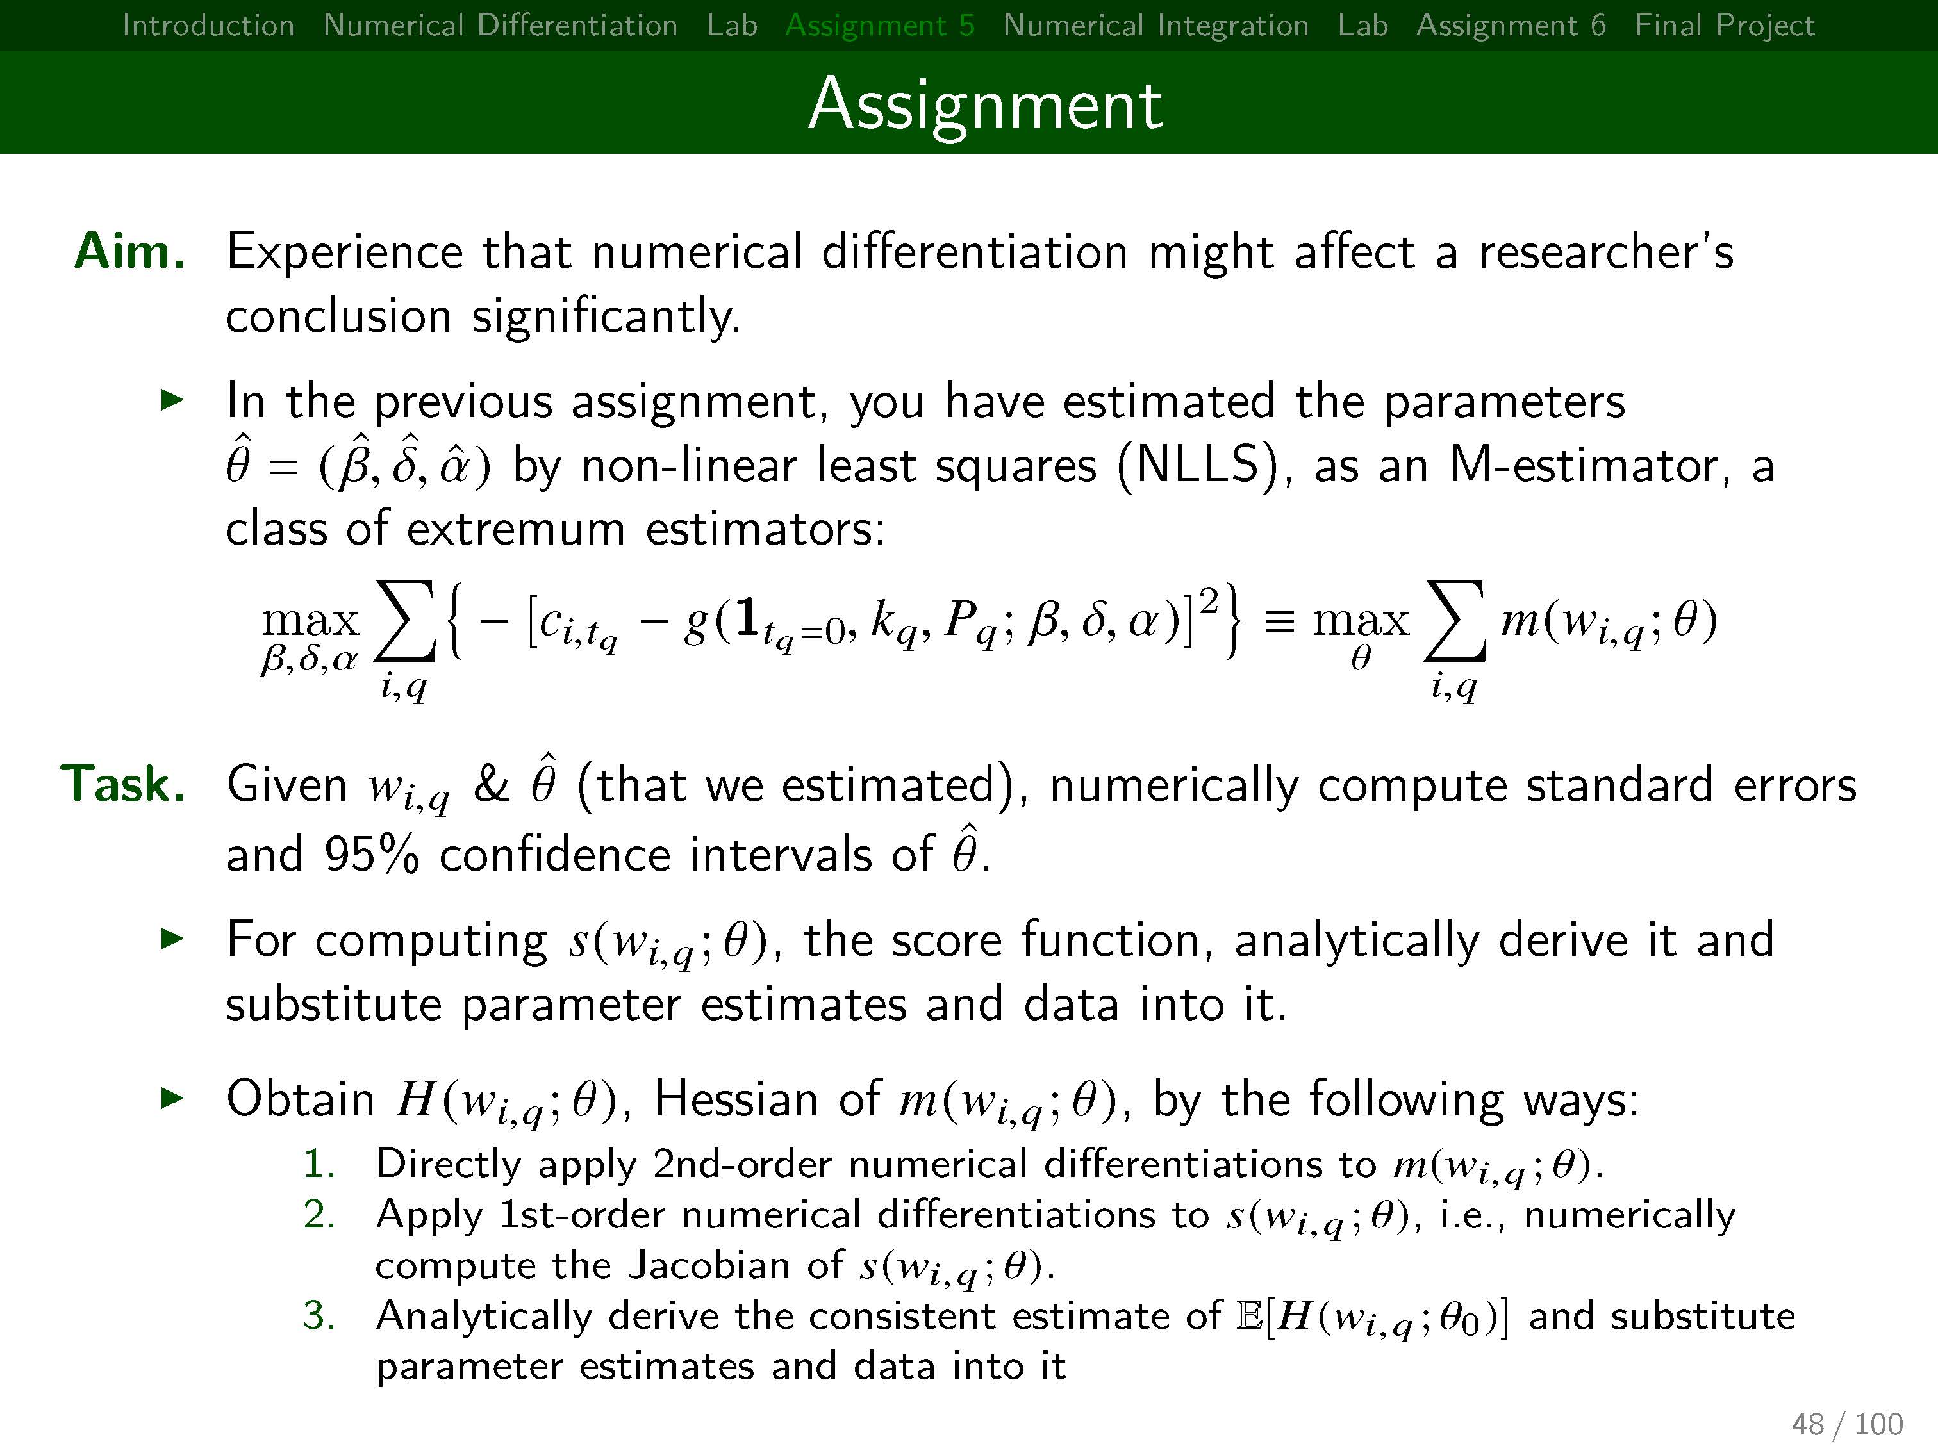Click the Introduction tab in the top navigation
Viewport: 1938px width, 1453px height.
pos(208,26)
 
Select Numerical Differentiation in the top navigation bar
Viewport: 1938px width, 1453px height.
pos(501,26)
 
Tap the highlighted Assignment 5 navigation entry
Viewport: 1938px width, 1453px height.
pos(880,26)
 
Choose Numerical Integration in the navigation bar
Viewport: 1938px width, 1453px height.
pos(1155,26)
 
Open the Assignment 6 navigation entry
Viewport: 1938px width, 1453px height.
pos(1511,26)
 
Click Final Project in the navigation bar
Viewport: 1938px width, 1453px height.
pos(1724,26)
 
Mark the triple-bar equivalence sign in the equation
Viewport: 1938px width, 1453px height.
pos(1280,623)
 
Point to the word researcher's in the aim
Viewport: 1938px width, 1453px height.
pos(1606,252)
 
